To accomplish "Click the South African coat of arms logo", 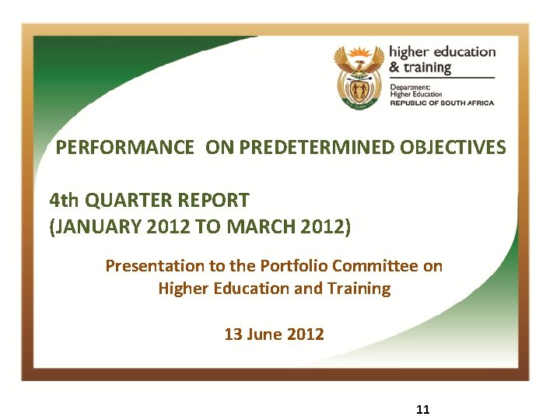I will pos(359,76).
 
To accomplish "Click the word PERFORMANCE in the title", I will pos(125,147).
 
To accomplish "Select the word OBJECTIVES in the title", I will pos(453,147).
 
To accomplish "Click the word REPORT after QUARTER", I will pos(211,201).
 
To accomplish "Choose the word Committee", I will pos(375,266).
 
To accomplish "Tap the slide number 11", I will pos(424,410).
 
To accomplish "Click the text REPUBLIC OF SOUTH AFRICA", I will pos(442,103).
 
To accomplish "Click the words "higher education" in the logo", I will pos(442,52).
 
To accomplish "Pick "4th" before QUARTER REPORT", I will pos(64,201).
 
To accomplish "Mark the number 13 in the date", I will pos(233,334).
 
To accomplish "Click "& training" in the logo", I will pos(420,68).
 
